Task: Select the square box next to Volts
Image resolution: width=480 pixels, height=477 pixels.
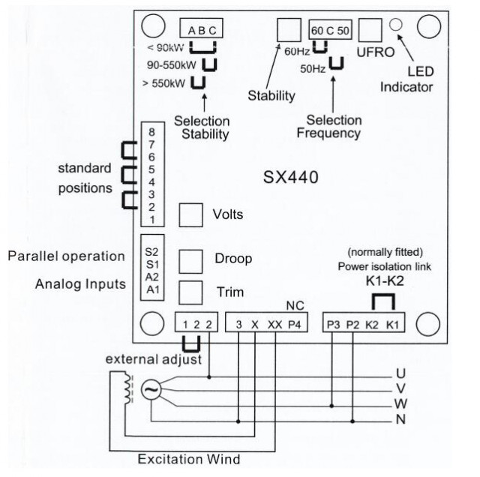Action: (190, 215)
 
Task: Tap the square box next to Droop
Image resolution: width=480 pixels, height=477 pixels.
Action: (190, 259)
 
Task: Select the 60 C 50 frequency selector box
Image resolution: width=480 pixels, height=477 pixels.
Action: (328, 30)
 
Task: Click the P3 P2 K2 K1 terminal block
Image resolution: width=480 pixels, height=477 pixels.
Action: (361, 325)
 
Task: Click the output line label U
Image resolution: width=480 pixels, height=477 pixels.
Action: (400, 373)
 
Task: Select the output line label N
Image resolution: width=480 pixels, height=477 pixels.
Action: (400, 418)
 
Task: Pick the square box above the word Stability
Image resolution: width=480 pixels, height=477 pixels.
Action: (288, 29)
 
